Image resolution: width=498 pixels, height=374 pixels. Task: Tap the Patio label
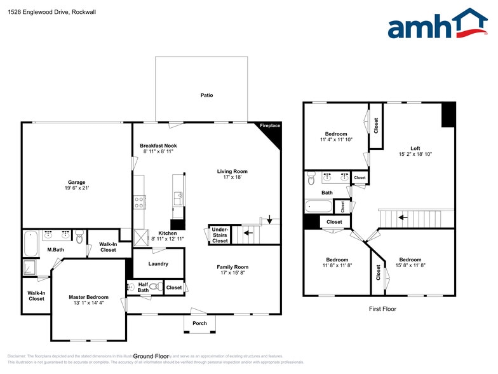point(207,95)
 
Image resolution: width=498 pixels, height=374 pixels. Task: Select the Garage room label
point(77,183)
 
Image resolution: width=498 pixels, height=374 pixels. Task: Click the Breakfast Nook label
point(158,146)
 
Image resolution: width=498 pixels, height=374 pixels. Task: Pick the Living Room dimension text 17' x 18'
point(232,177)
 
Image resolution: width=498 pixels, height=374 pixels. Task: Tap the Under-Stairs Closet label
point(220,235)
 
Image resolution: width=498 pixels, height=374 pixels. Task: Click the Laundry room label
point(158,263)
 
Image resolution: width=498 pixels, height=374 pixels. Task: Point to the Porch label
point(199,323)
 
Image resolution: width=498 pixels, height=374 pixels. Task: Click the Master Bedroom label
point(88,297)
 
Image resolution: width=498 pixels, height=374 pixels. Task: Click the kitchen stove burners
point(138,203)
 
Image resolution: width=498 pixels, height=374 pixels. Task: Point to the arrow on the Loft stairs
point(401,218)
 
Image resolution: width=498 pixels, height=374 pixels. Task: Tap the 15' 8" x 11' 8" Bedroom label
point(410,263)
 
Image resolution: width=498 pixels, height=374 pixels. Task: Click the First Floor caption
point(382,308)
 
